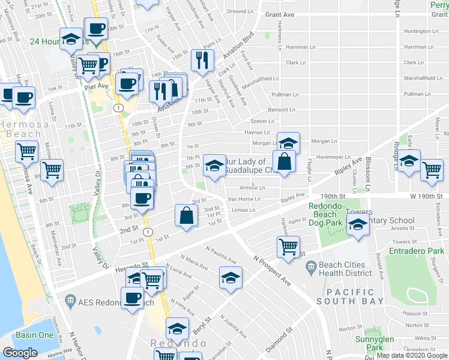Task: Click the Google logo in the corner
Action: [x=20, y=353]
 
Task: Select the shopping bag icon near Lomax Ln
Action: [x=187, y=216]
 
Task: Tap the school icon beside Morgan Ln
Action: [x=288, y=143]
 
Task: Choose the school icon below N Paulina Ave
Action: [x=231, y=278]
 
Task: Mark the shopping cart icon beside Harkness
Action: [x=288, y=245]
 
